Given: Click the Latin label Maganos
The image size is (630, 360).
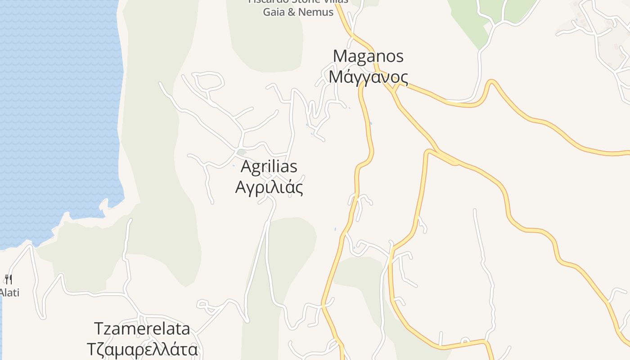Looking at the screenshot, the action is [x=368, y=56].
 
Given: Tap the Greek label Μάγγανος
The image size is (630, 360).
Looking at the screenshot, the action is [x=368, y=77].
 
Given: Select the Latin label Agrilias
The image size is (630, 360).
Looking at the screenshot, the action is [x=269, y=166].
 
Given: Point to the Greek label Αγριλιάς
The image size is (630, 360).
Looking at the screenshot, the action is [x=269, y=187].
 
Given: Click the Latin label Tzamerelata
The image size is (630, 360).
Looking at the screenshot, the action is [x=142, y=328].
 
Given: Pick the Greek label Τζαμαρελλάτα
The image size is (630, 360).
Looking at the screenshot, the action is [x=142, y=349].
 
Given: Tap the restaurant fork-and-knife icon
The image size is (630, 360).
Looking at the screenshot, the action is [x=9, y=279].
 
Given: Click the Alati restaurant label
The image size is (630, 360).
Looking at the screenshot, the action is [x=9, y=292].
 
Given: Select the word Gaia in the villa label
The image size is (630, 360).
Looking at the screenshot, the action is [x=274, y=12].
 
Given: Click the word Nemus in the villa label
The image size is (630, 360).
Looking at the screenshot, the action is [x=316, y=12].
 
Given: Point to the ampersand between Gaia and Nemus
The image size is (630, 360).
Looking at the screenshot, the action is [x=292, y=12].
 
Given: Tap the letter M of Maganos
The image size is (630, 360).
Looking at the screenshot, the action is [x=340, y=56].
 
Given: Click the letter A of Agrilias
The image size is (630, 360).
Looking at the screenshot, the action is [x=246, y=166].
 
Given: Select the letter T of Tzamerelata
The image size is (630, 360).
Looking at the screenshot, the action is [x=99, y=328].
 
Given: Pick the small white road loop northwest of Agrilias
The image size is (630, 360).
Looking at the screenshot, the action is [x=210, y=81].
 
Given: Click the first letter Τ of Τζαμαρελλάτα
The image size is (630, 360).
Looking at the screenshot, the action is [x=91, y=349].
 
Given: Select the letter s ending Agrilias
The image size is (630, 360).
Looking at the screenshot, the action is [x=293, y=167].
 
